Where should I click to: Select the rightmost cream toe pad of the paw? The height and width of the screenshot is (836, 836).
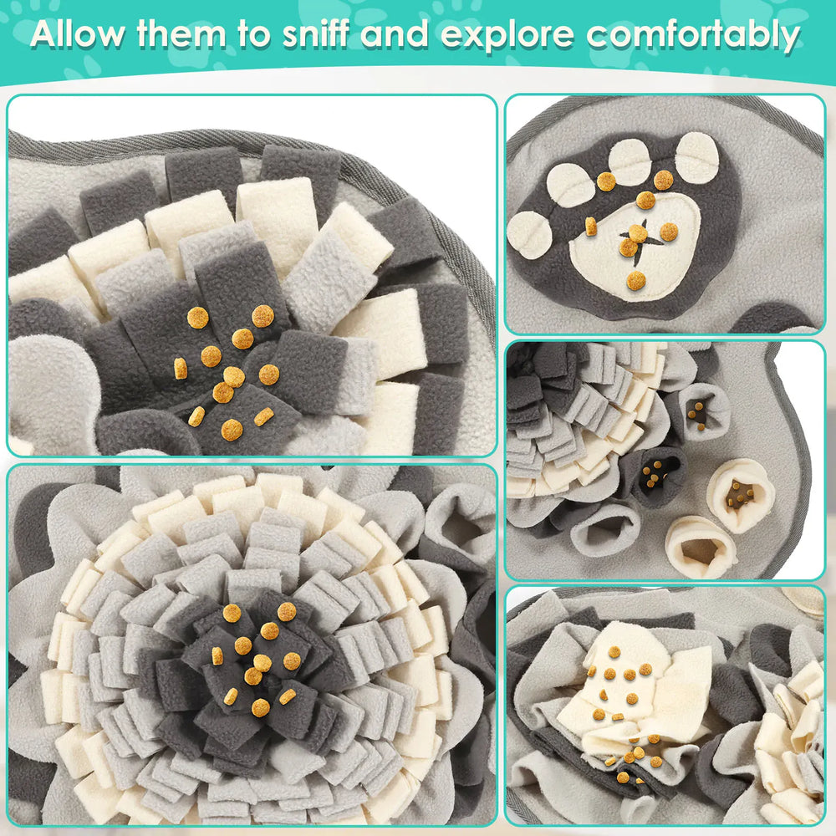[696, 157]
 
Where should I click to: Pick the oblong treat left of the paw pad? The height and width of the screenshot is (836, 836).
[590, 226]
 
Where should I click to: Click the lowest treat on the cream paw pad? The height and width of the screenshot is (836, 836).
[636, 281]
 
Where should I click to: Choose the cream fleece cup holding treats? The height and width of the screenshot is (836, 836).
[741, 493]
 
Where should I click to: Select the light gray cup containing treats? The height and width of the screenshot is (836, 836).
[699, 410]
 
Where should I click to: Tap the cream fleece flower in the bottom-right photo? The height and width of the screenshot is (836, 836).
[786, 736]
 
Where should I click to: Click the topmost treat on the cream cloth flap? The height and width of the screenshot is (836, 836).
[614, 651]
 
